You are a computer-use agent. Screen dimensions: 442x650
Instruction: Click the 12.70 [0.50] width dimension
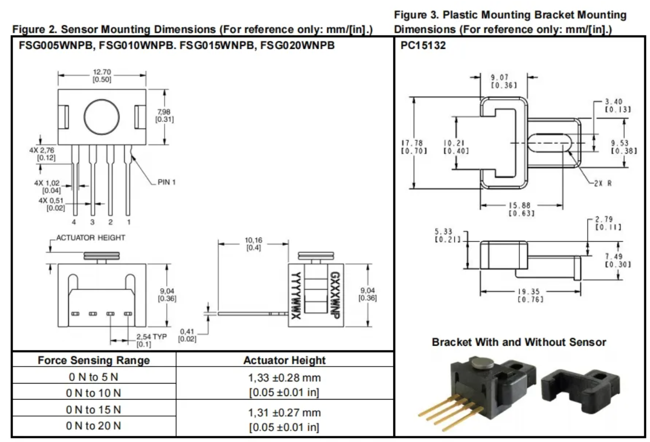[x=102, y=76]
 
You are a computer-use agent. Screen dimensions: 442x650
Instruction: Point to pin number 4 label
[x=74, y=223]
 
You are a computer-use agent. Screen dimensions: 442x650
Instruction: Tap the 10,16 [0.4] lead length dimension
[x=253, y=244]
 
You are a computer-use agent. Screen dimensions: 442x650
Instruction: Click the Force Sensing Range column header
[x=94, y=360]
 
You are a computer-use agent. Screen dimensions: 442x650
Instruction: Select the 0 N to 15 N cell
[x=94, y=410]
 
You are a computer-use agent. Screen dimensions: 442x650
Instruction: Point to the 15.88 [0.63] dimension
[x=521, y=209]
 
